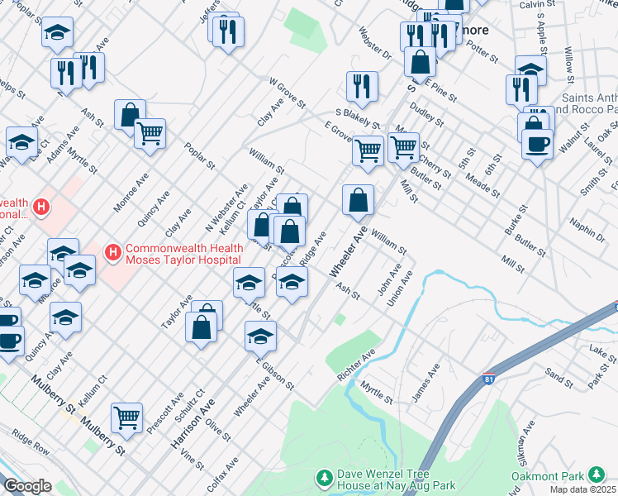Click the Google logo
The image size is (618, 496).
point(26,486)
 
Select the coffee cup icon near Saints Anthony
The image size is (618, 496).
point(537,144)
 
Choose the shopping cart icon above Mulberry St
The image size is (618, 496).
point(126,417)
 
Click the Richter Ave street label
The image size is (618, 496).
point(356,364)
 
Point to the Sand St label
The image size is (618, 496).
point(559,379)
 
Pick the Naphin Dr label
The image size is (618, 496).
point(587,228)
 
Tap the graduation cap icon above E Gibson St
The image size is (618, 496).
point(260,336)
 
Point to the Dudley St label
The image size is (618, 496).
point(426,112)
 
